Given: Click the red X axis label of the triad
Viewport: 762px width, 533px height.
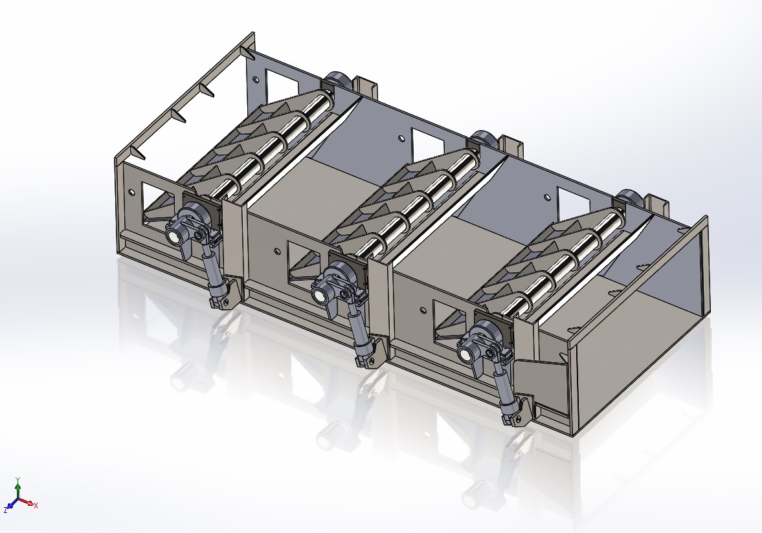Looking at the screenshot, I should [36, 505].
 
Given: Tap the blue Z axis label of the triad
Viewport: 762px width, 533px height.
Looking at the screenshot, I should [5, 510].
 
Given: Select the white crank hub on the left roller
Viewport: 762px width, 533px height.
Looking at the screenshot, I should [175, 237].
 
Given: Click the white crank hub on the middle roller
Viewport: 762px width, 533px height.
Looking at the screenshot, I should [320, 296].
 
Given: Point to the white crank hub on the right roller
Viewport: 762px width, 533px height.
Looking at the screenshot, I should [465, 354].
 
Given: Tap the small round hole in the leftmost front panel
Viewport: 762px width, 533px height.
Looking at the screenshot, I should [132, 193].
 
